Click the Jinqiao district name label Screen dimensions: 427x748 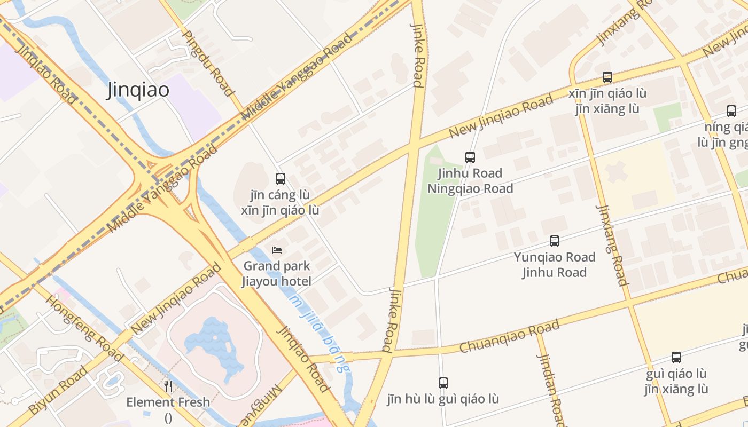[138, 90]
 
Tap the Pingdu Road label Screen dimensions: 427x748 [208, 63]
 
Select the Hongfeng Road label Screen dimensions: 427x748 [84, 327]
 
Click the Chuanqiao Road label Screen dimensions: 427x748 [509, 336]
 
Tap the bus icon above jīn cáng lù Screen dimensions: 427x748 [280, 179]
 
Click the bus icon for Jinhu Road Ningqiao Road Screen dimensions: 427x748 [470, 157]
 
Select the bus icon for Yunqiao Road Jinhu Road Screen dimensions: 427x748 [555, 241]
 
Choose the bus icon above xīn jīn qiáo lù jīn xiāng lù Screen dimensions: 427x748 [607, 77]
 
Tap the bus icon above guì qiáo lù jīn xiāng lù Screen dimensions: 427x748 [676, 358]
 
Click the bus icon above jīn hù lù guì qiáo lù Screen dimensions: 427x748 [443, 383]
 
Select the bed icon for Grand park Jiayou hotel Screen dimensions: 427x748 [276, 250]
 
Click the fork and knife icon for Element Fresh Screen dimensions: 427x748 [168, 386]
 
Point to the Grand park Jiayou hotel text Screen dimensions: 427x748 [276, 273]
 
